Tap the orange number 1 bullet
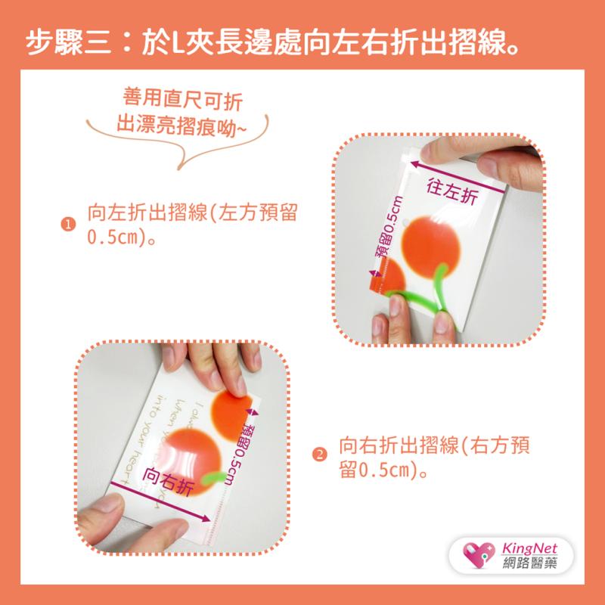(69, 225)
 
